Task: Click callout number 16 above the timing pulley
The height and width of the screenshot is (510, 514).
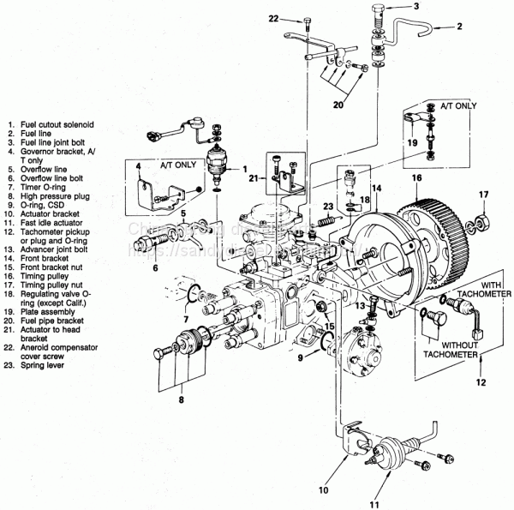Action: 417,179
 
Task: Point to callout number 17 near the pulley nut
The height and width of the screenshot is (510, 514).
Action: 483,195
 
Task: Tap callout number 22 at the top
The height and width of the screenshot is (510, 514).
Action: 273,17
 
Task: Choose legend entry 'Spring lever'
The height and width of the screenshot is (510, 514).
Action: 39,366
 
